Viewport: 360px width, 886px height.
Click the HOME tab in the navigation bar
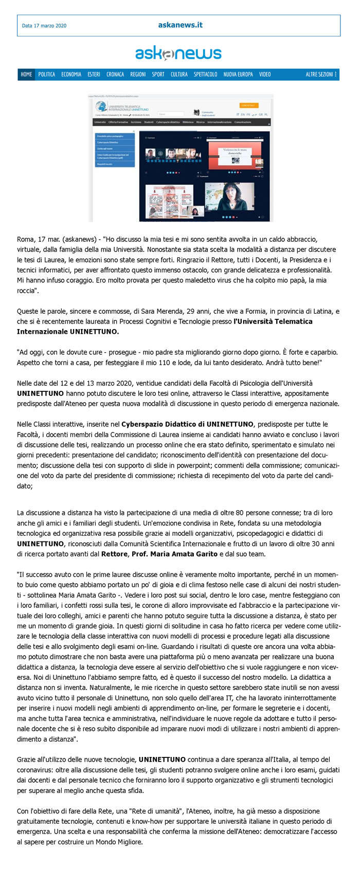(x=26, y=75)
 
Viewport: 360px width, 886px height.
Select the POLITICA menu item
(x=46, y=75)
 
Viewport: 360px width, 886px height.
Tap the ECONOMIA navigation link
(x=71, y=75)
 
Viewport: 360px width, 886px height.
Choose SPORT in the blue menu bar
(x=158, y=75)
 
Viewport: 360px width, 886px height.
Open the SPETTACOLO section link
(x=205, y=75)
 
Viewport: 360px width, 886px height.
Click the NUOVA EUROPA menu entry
(x=238, y=75)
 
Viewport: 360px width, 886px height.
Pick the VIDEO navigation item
(x=265, y=75)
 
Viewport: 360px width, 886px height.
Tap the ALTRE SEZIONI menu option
(x=321, y=75)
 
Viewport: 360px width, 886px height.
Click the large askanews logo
(x=178, y=53)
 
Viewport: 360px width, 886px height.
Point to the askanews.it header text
(x=180, y=25)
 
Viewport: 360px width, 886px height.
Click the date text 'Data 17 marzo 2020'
(x=44, y=26)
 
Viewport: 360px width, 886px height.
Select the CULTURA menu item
(x=179, y=75)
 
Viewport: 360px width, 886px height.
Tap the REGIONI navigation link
(x=138, y=75)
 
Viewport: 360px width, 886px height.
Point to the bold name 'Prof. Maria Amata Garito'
(x=174, y=554)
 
